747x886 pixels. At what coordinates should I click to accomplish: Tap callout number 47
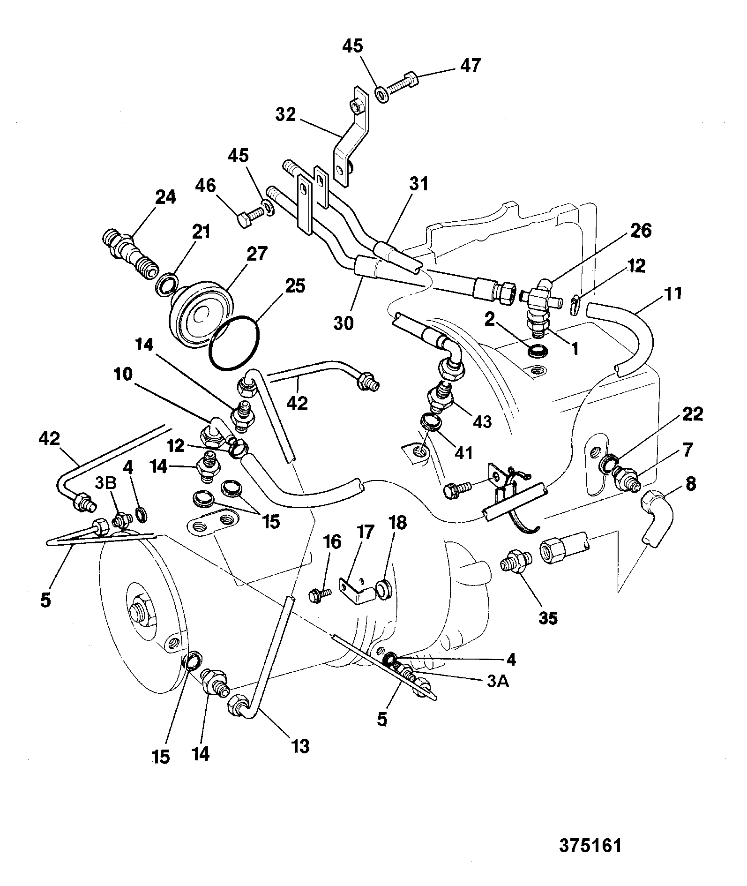(470, 66)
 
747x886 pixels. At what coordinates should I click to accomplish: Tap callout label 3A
(497, 682)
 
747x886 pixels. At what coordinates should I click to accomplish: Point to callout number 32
(285, 114)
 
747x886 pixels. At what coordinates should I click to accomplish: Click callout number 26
(641, 231)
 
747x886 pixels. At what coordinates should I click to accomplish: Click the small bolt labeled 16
(320, 595)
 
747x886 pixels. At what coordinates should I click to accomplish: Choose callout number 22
(693, 414)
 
